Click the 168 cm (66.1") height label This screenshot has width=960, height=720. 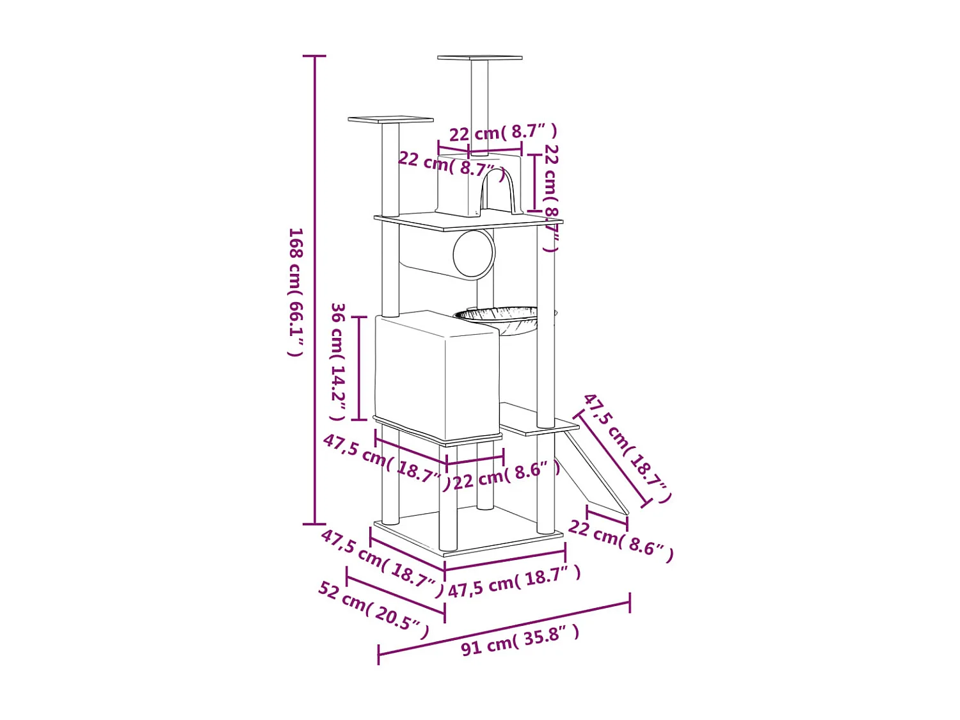(x=296, y=292)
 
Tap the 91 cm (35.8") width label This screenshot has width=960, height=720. (x=520, y=641)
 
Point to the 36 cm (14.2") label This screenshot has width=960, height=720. (x=338, y=362)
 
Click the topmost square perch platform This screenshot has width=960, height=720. (x=480, y=58)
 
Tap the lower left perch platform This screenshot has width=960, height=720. (x=390, y=119)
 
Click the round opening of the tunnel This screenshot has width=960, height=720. (x=474, y=253)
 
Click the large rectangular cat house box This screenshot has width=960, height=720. (x=437, y=375)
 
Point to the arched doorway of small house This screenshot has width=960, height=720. (x=497, y=191)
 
